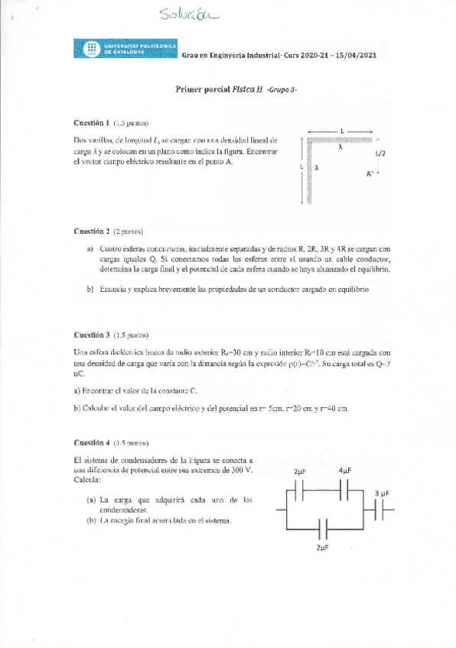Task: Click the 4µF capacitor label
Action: coord(345,471)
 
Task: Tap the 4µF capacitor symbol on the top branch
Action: coord(345,488)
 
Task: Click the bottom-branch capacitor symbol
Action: coord(325,529)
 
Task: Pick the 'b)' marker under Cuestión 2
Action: coord(90,290)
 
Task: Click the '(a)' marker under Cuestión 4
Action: coord(91,500)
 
